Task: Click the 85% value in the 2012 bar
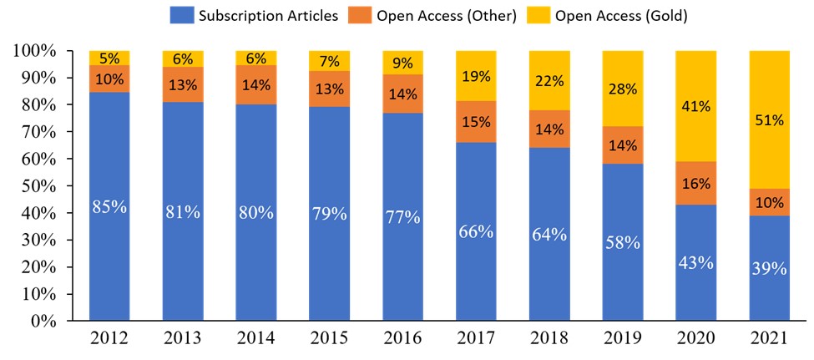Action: coord(109,206)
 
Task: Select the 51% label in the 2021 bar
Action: coord(769,120)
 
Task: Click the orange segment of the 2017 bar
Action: coord(476,122)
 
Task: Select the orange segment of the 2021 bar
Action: coord(769,202)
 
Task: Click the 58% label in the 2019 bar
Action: coord(622,242)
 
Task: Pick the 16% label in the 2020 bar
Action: coord(695,183)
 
